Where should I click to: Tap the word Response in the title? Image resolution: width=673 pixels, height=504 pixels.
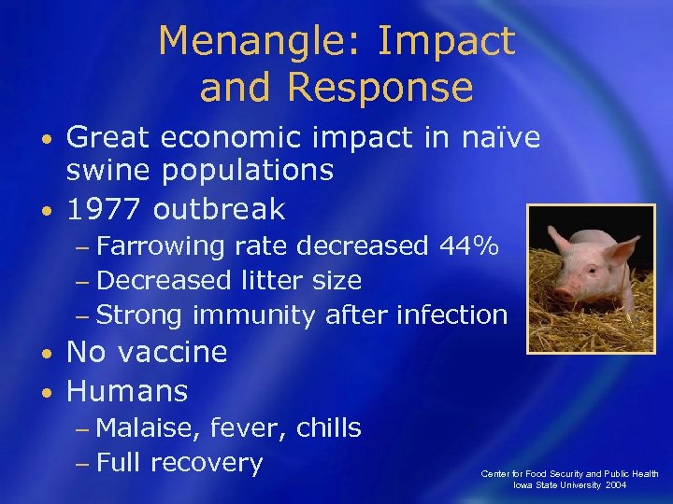pos(379,87)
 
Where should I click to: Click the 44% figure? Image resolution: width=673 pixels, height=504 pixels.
pos(468,246)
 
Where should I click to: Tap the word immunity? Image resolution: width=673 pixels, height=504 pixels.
pos(252,315)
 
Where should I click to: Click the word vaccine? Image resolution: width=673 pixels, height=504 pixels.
pos(179,352)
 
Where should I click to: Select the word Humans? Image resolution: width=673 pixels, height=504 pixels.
pos(127,390)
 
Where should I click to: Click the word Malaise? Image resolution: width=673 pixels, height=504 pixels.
pos(148,428)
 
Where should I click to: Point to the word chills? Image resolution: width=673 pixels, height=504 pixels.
pos(328,428)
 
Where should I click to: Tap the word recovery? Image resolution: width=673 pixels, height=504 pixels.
pos(206,463)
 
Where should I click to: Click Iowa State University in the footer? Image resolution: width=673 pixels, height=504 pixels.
pos(551,485)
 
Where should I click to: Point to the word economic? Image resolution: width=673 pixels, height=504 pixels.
pos(219,138)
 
